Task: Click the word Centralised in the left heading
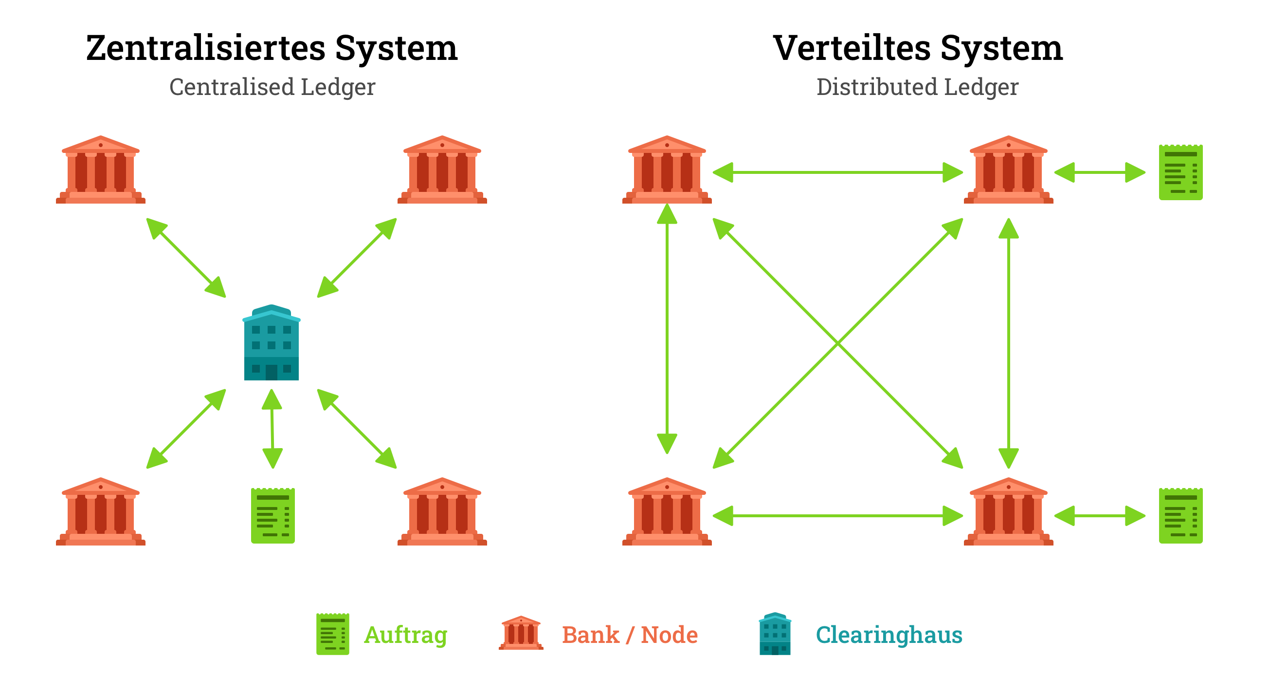pos(232,87)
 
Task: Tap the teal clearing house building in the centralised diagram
pos(272,343)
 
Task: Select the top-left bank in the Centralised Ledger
pos(101,170)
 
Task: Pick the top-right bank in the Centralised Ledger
pos(442,170)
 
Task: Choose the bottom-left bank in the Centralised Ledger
pos(101,512)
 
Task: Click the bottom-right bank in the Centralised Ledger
pos(442,512)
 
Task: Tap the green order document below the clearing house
pos(272,516)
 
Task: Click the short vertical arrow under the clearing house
pos(272,429)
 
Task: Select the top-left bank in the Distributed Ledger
pos(667,170)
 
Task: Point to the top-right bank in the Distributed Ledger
pos(1008,170)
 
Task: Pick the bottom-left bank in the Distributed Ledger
pos(667,512)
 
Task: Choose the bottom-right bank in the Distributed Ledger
pos(1008,512)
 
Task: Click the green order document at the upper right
pos(1180,172)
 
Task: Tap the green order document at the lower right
pos(1180,516)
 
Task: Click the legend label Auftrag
pos(406,635)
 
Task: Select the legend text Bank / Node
pos(630,635)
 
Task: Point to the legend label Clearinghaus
pos(889,635)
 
